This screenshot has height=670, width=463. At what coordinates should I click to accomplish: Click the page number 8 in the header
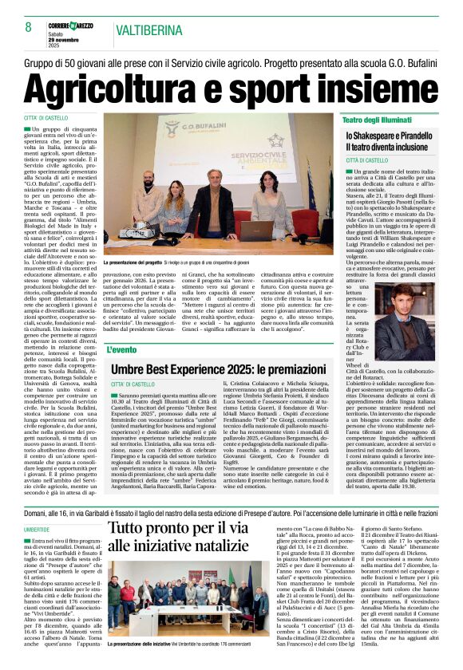pyautogui.click(x=28, y=27)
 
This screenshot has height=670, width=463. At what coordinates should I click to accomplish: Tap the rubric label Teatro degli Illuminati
pyautogui.click(x=379, y=119)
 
